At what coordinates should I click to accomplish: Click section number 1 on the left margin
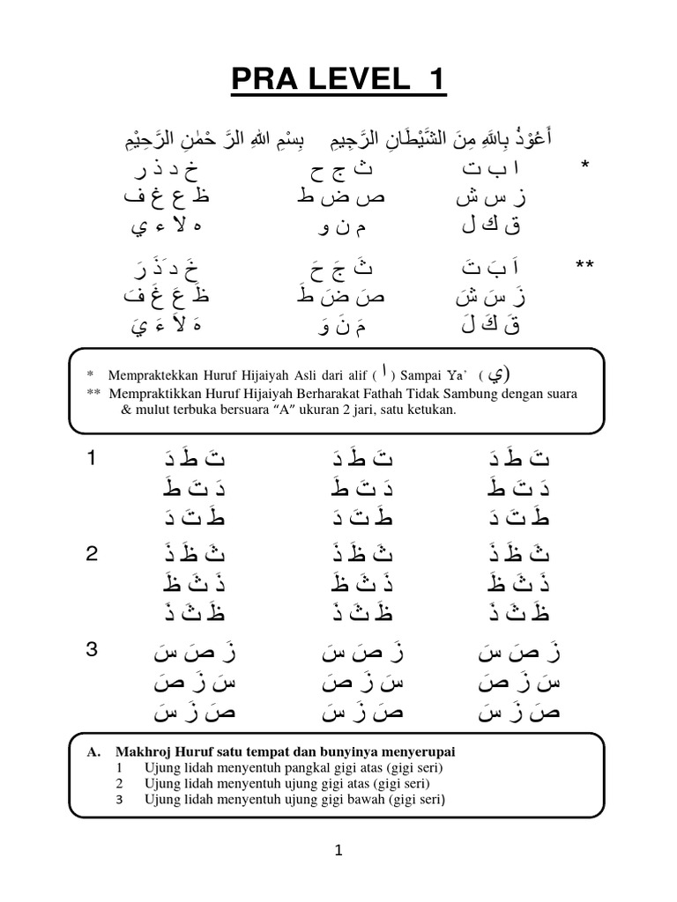click(91, 458)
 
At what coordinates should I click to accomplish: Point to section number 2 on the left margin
click(92, 555)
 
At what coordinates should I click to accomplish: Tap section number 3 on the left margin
click(92, 651)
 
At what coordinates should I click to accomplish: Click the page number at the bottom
click(339, 850)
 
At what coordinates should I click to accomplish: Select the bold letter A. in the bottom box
click(93, 751)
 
